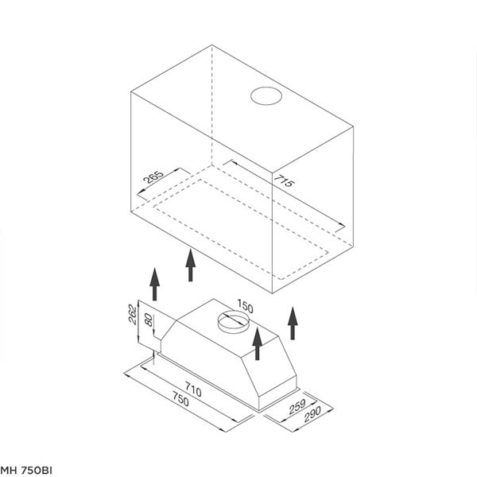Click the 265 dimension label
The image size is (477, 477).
pos(153,177)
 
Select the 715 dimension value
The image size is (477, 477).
pos(284,180)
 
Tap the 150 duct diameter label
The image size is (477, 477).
pos(245,306)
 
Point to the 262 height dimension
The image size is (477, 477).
pos(132,314)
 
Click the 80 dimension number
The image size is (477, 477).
pos(149,320)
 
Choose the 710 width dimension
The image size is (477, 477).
pos(193,390)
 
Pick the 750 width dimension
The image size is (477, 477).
pos(180,399)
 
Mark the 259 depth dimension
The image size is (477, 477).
pos(297,406)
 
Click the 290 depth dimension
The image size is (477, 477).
pos(312,414)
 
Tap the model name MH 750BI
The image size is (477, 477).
pos(26,470)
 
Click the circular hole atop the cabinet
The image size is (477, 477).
pos(266,96)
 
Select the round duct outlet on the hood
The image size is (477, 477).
pos(233,322)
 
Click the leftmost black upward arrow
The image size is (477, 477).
pos(154,284)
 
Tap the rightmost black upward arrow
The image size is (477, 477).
pos(293,323)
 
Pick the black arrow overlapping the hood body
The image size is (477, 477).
pos(258,343)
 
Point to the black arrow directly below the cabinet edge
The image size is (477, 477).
pos(191,265)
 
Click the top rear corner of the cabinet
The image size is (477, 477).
pos(211,45)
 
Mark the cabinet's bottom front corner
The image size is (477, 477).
pos(272,293)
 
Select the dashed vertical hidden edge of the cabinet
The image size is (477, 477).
pos(211,105)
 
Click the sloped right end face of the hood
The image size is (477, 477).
pos(271,366)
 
